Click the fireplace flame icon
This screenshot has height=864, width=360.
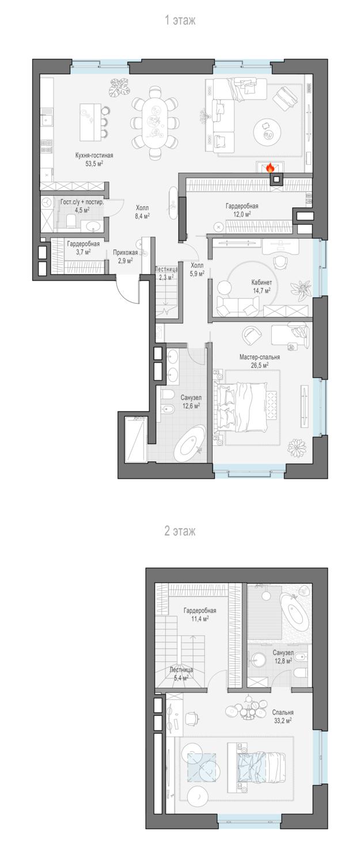(x=270, y=167)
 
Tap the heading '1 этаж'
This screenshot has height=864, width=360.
(x=180, y=20)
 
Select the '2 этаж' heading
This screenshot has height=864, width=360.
(x=180, y=531)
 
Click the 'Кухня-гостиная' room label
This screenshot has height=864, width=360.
(x=94, y=156)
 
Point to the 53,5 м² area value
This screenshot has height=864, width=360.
(x=94, y=164)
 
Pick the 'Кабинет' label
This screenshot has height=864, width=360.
(x=262, y=282)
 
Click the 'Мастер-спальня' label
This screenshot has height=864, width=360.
(x=259, y=357)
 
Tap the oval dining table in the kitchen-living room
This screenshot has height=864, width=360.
(x=155, y=122)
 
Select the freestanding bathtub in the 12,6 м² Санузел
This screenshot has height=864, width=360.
(x=190, y=442)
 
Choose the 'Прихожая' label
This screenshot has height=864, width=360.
(x=125, y=253)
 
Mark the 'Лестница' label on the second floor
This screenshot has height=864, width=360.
(x=181, y=669)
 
